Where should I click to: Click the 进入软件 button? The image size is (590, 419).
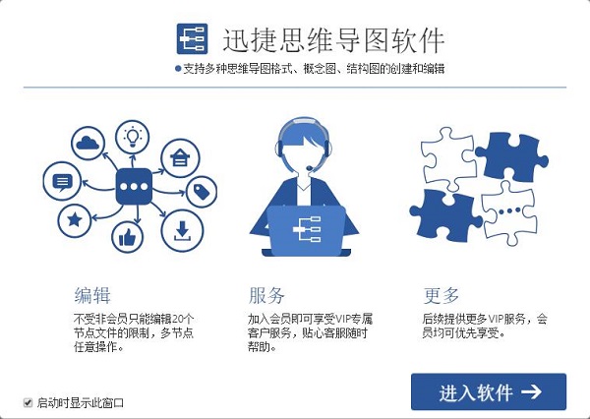click(488, 391)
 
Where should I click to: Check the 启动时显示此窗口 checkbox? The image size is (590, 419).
click(29, 401)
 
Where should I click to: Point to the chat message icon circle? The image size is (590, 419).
click(62, 182)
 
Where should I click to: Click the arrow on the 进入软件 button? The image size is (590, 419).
click(532, 391)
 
